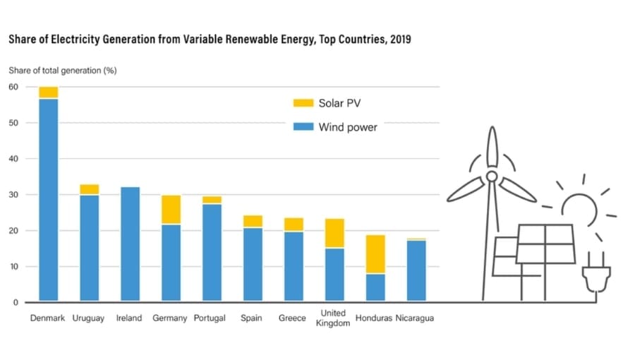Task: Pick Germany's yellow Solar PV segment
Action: [171, 210]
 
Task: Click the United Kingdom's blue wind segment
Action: [334, 275]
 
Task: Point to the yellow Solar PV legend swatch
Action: [302, 103]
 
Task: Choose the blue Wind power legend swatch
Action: [302, 127]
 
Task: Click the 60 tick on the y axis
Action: [13, 87]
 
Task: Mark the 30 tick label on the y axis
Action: [13, 195]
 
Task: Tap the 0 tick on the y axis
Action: [16, 303]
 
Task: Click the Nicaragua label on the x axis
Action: [415, 318]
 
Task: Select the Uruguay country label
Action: [88, 318]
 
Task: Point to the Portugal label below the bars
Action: [210, 318]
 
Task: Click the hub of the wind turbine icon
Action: [491, 176]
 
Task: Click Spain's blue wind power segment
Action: [253, 265]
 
